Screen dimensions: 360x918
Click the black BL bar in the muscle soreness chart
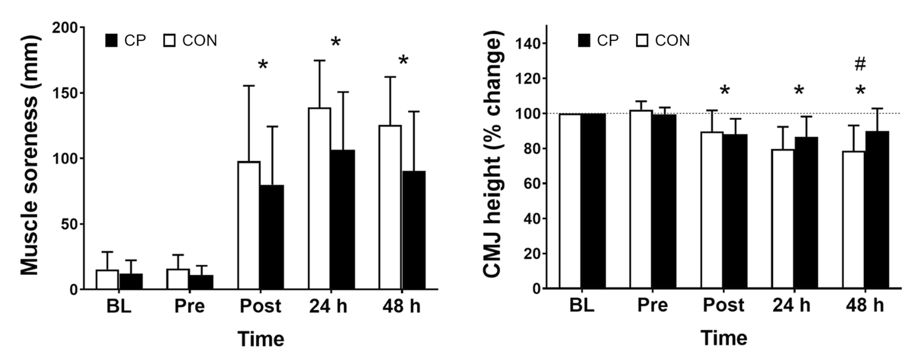click(x=131, y=281)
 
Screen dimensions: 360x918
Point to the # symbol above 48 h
click(x=860, y=65)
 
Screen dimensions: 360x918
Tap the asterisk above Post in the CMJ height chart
click(x=724, y=91)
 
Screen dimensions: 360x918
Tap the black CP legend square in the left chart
click(x=112, y=40)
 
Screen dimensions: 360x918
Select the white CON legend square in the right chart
click(x=643, y=40)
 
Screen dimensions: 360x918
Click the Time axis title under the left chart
click(x=261, y=339)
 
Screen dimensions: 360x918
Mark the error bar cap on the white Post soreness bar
click(x=248, y=86)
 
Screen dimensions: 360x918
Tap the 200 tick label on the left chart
click(x=66, y=28)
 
